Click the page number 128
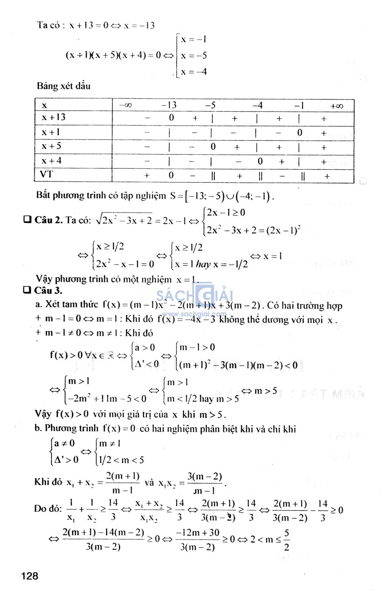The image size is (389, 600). [x=30, y=576]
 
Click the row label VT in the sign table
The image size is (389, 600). [x=46, y=174]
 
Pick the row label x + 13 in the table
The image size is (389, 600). [x=53, y=117]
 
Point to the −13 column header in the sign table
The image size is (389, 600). [x=169, y=105]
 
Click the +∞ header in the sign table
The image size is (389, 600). [x=337, y=106]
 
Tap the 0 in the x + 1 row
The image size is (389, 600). [x=300, y=132]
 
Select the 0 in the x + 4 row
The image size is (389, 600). [x=260, y=161]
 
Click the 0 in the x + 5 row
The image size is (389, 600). [x=213, y=146]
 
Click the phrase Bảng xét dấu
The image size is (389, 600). [x=63, y=86]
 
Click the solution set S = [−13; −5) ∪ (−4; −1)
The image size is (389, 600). [x=222, y=196]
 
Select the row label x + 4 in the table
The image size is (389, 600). [x=51, y=161]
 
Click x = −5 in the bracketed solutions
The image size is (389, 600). [x=194, y=56]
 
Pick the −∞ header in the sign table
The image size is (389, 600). [x=125, y=105]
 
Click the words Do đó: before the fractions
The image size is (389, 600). [x=48, y=509]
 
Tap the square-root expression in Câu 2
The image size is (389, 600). [x=124, y=220]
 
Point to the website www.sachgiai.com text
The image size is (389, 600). [x=194, y=314]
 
